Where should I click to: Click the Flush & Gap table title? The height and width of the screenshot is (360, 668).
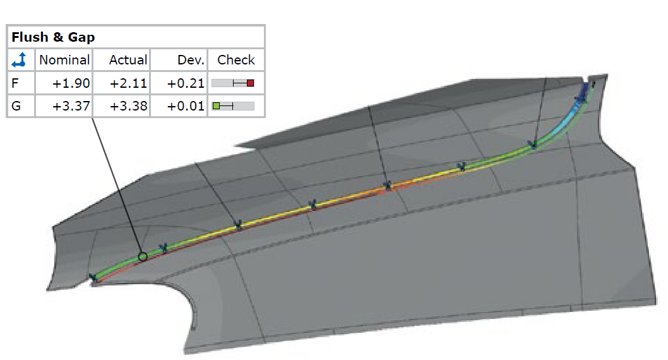pyautogui.click(x=53, y=37)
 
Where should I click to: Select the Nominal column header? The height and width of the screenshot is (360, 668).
pyautogui.click(x=64, y=59)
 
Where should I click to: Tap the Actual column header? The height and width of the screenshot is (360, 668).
pyautogui.click(x=128, y=59)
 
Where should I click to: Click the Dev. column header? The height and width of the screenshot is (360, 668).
pyautogui.click(x=191, y=59)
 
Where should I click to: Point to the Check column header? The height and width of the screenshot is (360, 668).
pyautogui.click(x=236, y=59)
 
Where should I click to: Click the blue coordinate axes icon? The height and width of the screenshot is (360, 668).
pyautogui.click(x=19, y=59)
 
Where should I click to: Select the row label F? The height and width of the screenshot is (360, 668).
pyautogui.click(x=15, y=83)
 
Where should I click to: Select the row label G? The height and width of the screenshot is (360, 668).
pyautogui.click(x=16, y=105)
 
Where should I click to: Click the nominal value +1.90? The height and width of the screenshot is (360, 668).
pyautogui.click(x=71, y=83)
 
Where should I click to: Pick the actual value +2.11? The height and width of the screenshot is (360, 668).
pyautogui.click(x=128, y=83)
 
